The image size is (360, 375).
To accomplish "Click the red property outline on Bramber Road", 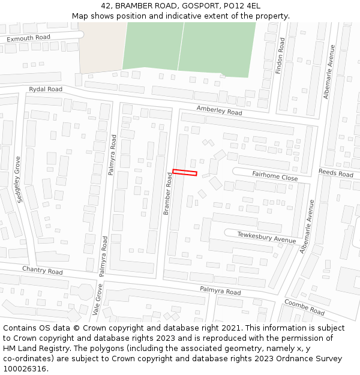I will click(185, 173).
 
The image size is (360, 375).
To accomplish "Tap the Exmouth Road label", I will click(28, 38).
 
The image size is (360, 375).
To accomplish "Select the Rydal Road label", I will click(46, 89).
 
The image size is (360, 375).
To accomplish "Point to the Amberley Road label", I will click(219, 110).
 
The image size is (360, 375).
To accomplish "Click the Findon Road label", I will click(280, 56).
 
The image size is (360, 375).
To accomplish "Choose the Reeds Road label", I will click(336, 173).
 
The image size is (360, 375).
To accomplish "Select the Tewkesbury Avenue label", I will click(266, 237).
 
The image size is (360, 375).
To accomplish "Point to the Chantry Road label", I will click(42, 271).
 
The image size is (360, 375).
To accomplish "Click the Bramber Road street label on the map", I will click(169, 193).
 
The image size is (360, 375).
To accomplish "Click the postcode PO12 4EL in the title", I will click(244, 5).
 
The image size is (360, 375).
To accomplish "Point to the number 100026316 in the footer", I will click(24, 369).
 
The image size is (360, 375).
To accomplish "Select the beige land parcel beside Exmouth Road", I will click(100, 49).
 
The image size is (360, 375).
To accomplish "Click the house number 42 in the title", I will click(106, 5).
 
